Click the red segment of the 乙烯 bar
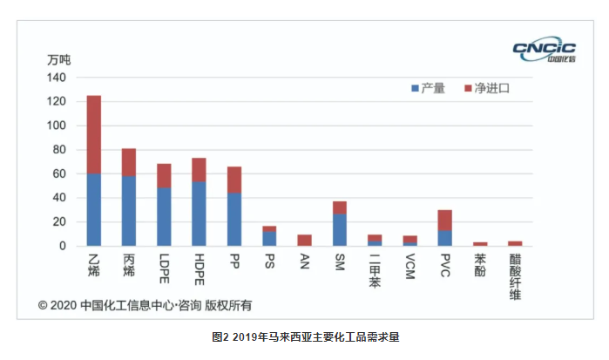[93, 134]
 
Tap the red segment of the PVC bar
[444, 220]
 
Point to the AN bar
[304, 241]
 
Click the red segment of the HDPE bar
[199, 170]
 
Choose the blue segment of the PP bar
[233, 220]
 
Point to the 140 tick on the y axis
[57, 78]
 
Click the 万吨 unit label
[58, 60]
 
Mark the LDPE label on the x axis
[164, 270]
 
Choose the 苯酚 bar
[479, 244]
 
